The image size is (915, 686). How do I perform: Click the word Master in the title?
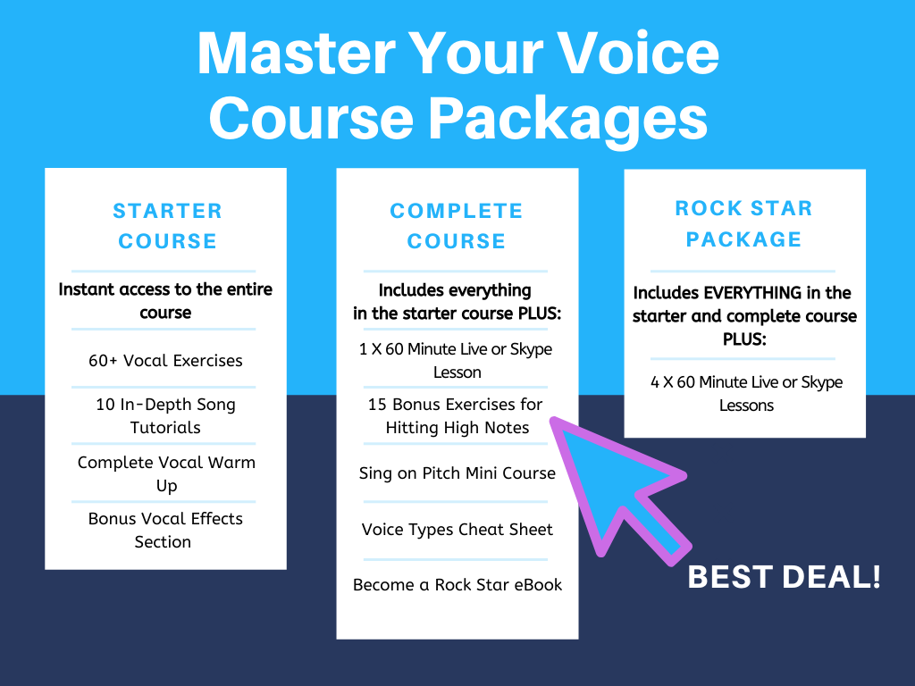coord(297,54)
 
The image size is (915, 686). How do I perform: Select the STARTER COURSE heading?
coord(167,226)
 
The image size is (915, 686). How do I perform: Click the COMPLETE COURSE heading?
coord(457,226)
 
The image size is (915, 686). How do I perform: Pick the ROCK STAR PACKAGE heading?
coord(744,223)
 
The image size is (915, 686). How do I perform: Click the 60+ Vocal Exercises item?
coord(165,361)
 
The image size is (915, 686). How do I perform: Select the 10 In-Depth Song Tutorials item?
coord(165,415)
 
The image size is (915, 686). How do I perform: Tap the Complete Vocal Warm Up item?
coord(166,473)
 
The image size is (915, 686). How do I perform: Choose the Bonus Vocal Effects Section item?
coord(165,530)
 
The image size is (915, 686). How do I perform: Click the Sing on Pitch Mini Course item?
coord(457,473)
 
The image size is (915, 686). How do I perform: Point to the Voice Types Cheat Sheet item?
coord(457,529)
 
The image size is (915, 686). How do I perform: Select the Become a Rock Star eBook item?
coord(457,584)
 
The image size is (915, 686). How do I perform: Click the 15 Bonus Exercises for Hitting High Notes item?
coord(456,415)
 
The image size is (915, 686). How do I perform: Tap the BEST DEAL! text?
coord(785,577)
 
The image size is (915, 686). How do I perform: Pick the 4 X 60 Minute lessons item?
coord(746,393)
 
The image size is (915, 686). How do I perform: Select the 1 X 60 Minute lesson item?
coord(456,360)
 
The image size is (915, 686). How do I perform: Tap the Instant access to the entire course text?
coord(165,300)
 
